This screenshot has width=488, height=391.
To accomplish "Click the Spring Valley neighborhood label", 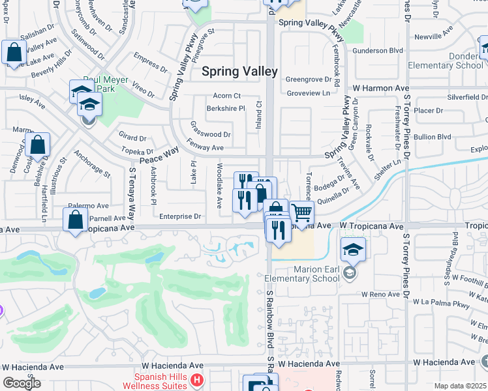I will [x=239, y=72].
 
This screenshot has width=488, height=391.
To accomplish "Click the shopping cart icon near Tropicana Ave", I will [x=301, y=212].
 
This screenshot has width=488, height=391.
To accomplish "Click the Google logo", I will [x=22, y=383].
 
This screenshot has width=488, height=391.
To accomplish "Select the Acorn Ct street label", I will [x=227, y=96].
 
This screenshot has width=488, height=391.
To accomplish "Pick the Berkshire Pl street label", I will [x=225, y=108].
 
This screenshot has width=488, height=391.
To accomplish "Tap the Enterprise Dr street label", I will [x=180, y=216].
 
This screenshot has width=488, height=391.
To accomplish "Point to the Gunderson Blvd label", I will [x=378, y=50].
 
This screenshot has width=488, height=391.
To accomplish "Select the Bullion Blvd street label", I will [x=433, y=137].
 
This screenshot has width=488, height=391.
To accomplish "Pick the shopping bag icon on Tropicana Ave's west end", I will [x=76, y=219].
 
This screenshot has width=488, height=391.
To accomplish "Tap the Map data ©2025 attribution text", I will [x=461, y=386].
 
